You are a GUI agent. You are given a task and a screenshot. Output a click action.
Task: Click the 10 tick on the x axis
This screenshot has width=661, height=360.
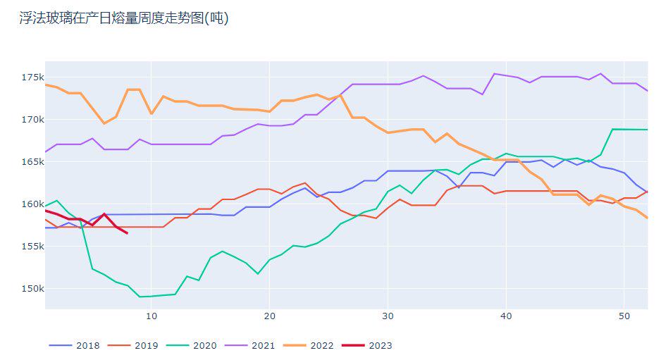pos(152,317)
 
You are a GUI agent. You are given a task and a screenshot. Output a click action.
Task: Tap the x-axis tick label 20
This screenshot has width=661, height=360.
pos(269,317)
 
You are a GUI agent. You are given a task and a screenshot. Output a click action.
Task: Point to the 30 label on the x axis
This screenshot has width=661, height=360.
pos(388,317)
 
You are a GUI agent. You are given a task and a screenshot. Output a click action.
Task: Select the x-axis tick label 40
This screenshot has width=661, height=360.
pos(505,317)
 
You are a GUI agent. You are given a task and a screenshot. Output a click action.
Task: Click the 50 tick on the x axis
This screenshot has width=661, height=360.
pos(624,317)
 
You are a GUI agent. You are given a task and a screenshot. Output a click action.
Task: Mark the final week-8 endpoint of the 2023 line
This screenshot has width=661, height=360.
pos(128,232)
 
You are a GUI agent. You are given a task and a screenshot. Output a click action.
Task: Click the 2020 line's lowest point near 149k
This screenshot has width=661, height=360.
pos(140,297)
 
